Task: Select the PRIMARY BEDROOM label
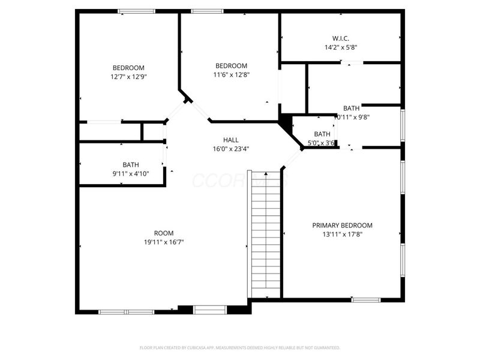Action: click(342, 226)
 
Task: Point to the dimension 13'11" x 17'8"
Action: click(342, 235)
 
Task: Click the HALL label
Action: click(231, 140)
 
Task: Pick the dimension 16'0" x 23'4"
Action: click(231, 149)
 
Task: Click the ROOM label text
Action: click(164, 233)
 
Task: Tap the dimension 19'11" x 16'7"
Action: click(164, 242)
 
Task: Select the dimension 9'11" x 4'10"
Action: click(130, 173)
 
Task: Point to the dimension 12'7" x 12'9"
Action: click(128, 77)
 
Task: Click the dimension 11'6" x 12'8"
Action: click(231, 75)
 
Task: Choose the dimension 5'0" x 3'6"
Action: click(322, 143)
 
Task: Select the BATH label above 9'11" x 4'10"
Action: click(130, 164)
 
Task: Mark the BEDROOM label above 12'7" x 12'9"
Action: click(128, 68)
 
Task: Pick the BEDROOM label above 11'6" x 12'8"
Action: click(231, 66)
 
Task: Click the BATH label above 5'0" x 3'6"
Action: click(322, 134)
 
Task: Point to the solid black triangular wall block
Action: click(284, 122)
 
